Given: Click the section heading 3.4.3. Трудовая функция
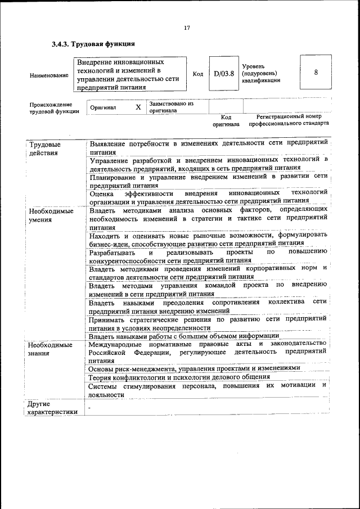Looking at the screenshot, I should (93, 44).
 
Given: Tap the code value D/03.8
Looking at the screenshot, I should (223, 73).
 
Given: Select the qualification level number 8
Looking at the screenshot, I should (316, 73).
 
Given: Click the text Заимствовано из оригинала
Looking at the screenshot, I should (172, 107).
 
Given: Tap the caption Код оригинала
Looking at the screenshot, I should (226, 120).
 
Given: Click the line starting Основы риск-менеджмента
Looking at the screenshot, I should (191, 368).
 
